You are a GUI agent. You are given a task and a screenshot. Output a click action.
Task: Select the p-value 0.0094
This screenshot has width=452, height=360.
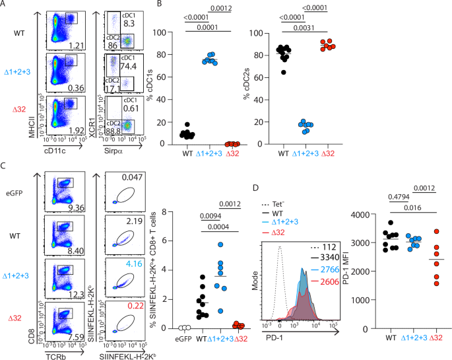210,217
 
